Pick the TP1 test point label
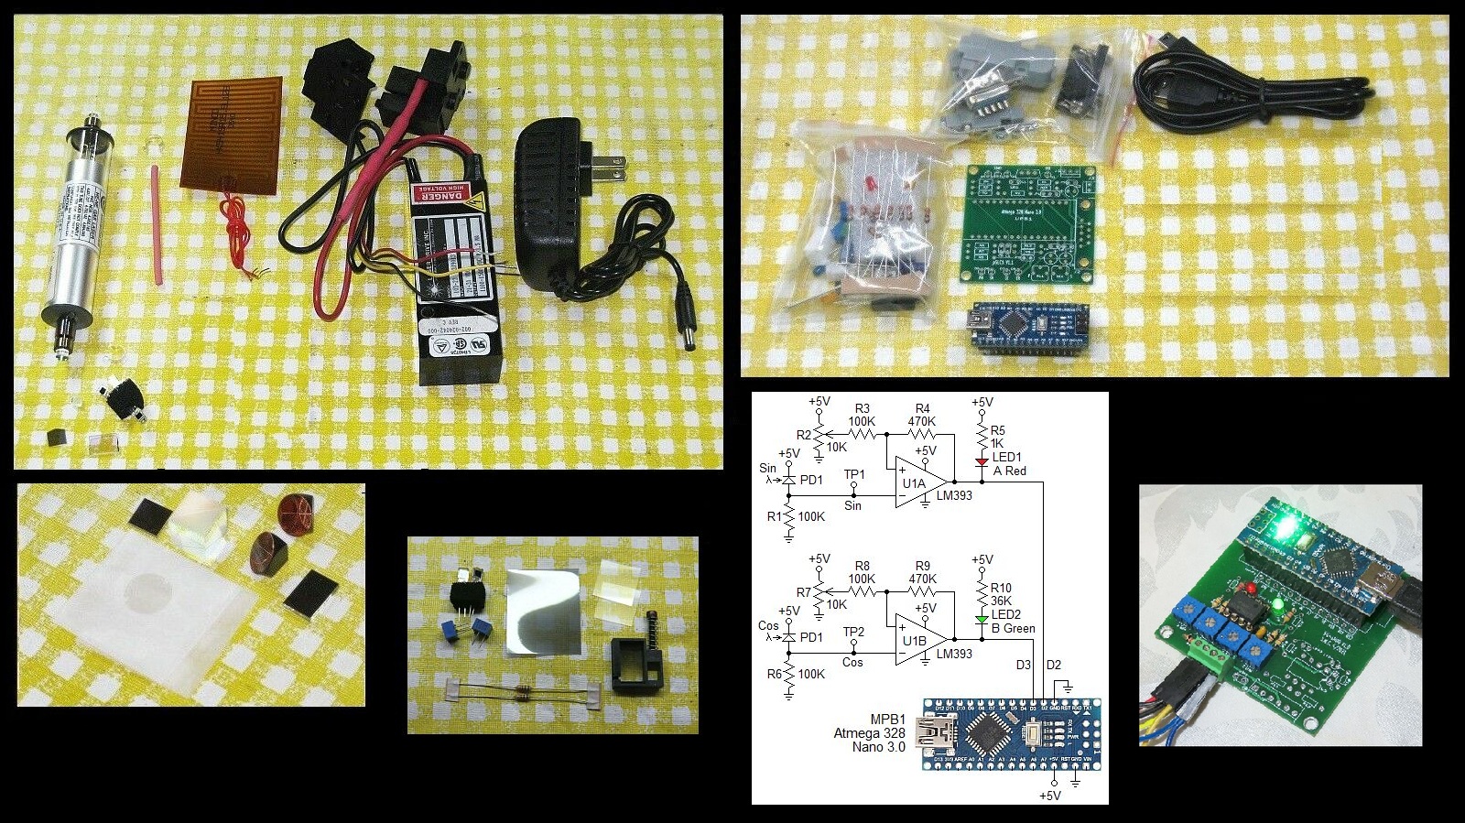pyautogui.click(x=853, y=474)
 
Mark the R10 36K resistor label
pyautogui.click(x=1001, y=594)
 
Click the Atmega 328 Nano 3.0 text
pyautogui.click(x=869, y=733)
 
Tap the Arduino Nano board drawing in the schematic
pyautogui.click(x=1011, y=733)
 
